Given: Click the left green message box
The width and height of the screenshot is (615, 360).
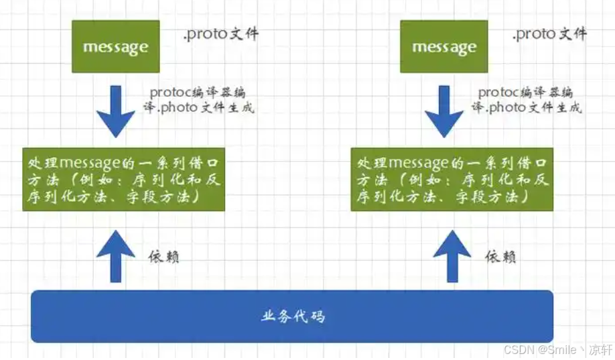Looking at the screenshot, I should [x=115, y=47].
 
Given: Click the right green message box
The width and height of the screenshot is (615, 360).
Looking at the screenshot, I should [x=443, y=47].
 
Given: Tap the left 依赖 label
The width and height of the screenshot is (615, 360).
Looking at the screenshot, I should [x=163, y=256].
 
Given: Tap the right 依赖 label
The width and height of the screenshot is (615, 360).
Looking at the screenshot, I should [x=500, y=256].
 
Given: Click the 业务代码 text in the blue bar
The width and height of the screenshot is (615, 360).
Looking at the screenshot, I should [x=293, y=316].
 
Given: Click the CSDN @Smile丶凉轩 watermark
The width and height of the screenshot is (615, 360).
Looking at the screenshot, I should [x=557, y=350].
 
